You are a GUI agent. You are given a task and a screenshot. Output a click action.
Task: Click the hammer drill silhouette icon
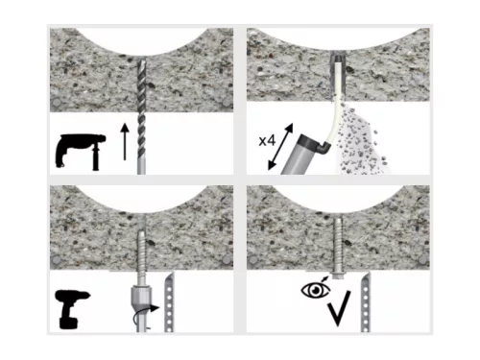(80, 150)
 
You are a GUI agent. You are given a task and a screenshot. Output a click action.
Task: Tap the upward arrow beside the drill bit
(125, 142)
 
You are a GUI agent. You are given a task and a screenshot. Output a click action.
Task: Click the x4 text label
(267, 140)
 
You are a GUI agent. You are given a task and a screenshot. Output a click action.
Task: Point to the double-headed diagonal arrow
(280, 147)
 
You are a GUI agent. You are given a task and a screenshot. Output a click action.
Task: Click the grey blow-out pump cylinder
(300, 156)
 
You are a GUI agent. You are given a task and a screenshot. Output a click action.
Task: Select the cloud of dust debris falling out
(361, 138)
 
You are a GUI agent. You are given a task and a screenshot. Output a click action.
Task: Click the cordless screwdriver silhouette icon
(73, 309)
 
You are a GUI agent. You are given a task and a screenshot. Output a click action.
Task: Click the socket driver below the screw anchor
(141, 296)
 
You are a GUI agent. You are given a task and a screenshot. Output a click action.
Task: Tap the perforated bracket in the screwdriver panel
(169, 301)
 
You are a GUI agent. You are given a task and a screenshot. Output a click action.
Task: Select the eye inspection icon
(316, 290)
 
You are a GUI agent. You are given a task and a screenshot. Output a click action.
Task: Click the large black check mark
(339, 308)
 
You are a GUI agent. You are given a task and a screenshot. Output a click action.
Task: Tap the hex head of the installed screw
(337, 276)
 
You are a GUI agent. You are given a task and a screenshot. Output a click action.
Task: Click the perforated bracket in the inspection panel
(366, 302)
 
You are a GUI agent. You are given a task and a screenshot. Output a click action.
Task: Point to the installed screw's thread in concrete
(338, 244)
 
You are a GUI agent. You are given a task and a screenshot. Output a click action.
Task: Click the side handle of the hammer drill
(95, 157)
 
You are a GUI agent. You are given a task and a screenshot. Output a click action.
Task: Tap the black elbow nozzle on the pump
(324, 147)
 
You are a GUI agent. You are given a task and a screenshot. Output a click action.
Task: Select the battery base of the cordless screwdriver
(68, 323)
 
